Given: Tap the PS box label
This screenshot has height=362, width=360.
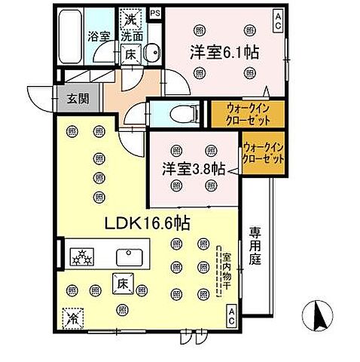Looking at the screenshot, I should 155,13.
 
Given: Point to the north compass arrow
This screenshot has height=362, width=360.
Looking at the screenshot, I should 319,315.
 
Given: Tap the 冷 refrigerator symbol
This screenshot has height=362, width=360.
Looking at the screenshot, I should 72,317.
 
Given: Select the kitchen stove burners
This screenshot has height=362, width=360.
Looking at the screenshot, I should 81,256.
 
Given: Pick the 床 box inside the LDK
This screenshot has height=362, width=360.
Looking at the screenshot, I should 123,284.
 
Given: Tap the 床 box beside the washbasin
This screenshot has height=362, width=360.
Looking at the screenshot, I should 129,54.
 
